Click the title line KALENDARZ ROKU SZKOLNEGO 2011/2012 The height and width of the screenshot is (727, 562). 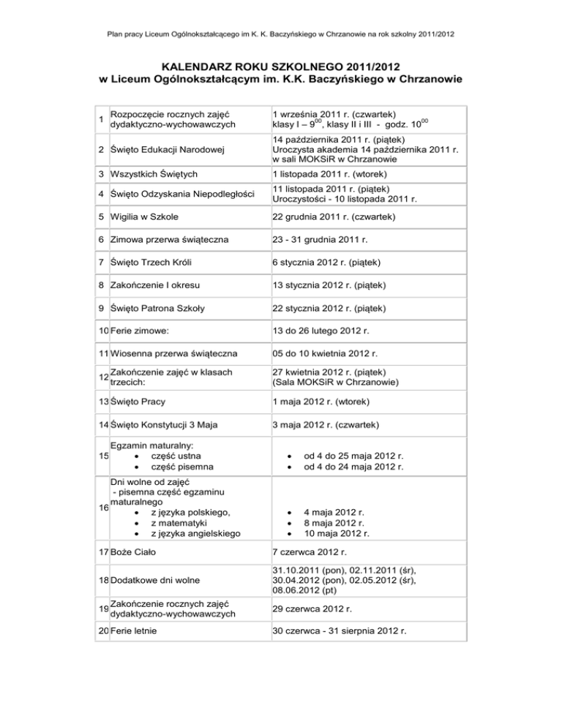click(x=281, y=67)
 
